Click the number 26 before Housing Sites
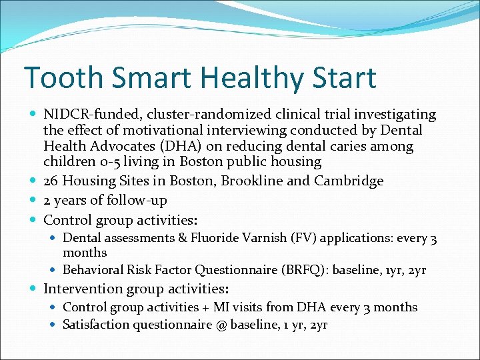51,181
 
